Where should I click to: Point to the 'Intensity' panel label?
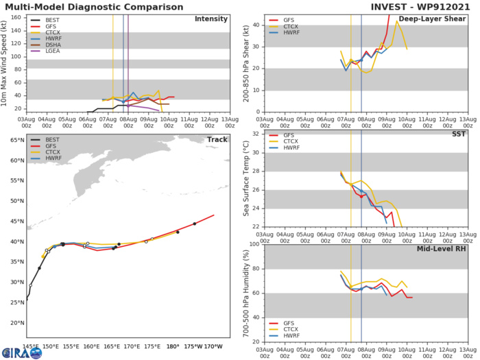tap(212, 19)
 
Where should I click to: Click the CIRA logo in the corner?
tap(21, 352)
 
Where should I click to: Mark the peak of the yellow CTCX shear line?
tap(396, 21)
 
